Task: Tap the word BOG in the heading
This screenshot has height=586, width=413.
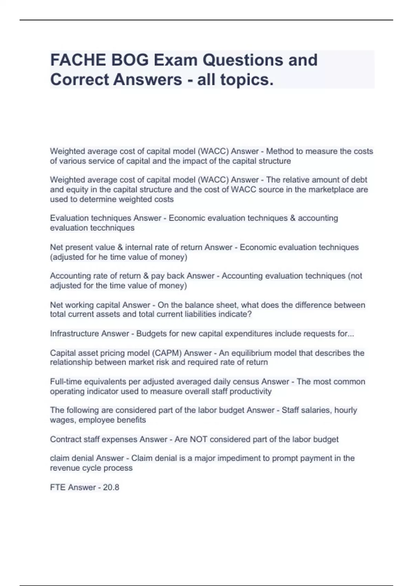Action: tap(130, 60)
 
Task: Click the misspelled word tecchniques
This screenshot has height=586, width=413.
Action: tap(112, 228)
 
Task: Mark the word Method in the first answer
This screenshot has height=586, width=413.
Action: tap(280, 151)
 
